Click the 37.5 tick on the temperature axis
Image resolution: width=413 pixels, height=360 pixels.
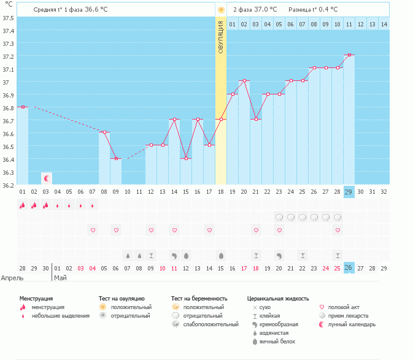[9, 18]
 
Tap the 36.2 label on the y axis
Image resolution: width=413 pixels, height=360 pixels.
[9, 185]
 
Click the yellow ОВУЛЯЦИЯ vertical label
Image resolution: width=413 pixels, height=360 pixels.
[221, 37]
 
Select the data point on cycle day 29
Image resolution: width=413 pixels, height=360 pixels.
[350, 55]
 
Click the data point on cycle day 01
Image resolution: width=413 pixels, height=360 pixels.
[23, 107]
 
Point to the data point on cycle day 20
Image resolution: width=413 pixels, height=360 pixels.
[244, 80]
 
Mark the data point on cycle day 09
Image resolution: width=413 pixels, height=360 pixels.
[116, 158]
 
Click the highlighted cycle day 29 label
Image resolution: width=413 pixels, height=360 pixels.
[349, 192]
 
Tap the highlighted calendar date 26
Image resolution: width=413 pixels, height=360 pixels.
[349, 269]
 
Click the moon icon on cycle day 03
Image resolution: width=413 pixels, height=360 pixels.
[46, 178]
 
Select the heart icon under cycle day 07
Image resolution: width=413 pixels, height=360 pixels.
[93, 230]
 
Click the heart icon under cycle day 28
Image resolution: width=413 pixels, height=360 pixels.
[338, 230]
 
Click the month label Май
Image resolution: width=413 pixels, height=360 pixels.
[60, 277]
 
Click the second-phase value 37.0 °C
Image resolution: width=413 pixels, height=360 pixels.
[265, 10]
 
